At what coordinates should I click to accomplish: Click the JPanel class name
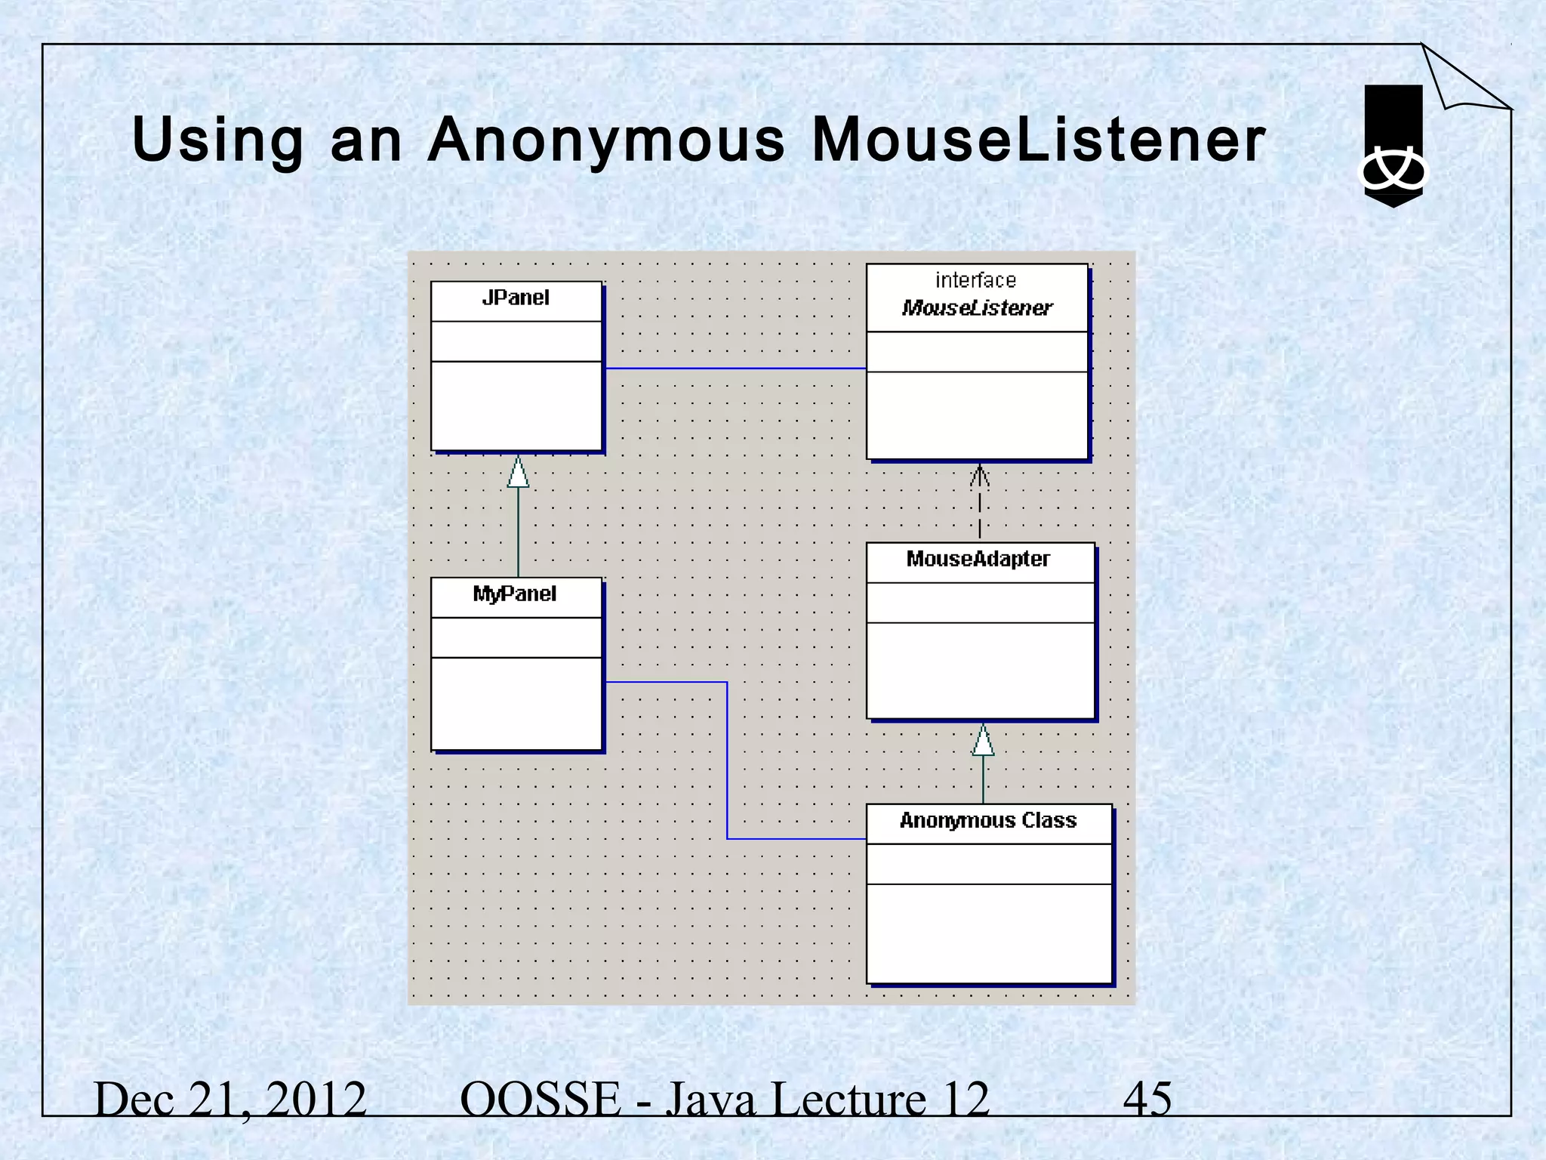click(x=516, y=298)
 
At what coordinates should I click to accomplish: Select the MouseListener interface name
click(x=977, y=308)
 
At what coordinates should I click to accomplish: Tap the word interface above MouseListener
click(x=975, y=281)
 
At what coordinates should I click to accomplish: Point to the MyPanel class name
click(x=515, y=594)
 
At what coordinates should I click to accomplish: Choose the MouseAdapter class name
click(x=978, y=559)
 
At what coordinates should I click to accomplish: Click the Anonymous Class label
click(x=987, y=821)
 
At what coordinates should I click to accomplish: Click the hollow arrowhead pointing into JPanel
click(x=518, y=473)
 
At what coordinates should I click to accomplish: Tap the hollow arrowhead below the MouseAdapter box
click(x=983, y=741)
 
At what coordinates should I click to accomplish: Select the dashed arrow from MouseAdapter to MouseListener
click(x=979, y=501)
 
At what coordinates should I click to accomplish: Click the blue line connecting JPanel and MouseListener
click(x=735, y=369)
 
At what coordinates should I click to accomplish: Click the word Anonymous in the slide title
click(x=606, y=140)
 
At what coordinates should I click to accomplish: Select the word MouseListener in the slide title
click(x=1038, y=140)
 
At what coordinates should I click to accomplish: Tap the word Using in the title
click(x=218, y=142)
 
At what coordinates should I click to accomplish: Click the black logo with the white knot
click(x=1393, y=147)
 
